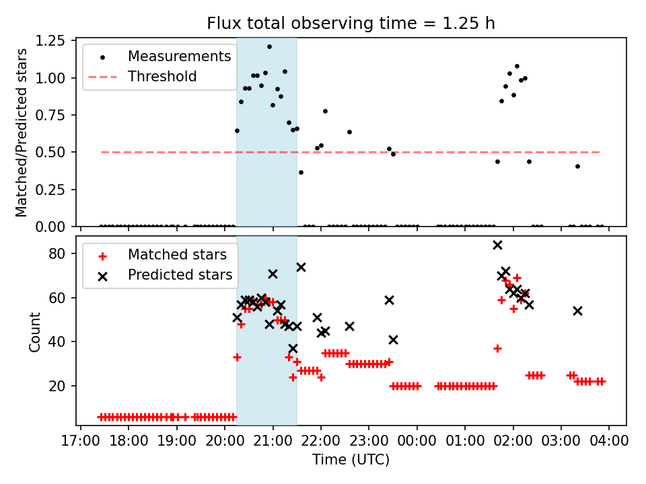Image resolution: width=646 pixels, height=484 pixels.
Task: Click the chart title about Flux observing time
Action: [x=351, y=24]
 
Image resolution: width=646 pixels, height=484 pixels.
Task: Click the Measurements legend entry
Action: [x=179, y=56]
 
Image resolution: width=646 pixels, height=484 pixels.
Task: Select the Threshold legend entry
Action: [x=162, y=77]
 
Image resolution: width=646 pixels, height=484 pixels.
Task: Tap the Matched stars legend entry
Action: [x=177, y=255]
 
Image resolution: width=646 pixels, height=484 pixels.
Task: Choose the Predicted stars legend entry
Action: [x=180, y=275]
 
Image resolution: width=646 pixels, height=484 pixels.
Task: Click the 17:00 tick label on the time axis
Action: [x=81, y=442]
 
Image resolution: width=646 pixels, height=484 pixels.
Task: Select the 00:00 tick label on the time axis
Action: [x=417, y=442]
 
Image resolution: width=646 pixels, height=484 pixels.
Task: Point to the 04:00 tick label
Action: [x=610, y=442]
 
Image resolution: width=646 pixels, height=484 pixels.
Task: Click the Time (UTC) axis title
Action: [x=351, y=460]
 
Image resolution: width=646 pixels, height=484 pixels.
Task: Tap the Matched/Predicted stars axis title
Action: [x=22, y=132]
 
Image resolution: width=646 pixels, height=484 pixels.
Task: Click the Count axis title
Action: [x=35, y=331]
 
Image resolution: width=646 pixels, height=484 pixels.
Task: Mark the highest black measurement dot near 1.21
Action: [x=269, y=47]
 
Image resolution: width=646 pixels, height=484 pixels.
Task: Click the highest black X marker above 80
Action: [x=497, y=245]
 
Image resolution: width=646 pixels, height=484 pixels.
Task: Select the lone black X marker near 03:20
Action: [x=577, y=311]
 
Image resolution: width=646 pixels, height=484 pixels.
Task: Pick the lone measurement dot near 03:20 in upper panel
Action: [x=577, y=166]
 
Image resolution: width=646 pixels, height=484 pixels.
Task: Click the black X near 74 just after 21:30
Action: [x=301, y=267]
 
